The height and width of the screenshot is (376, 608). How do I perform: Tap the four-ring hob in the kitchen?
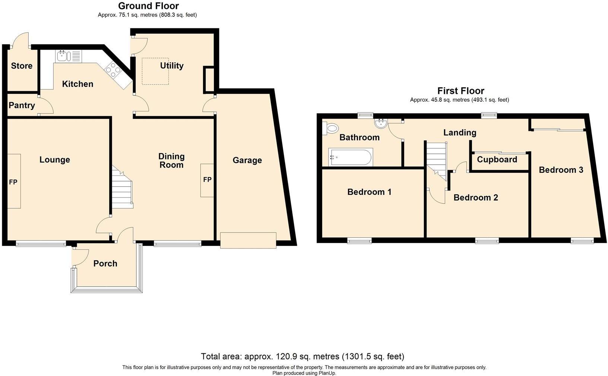(113, 70)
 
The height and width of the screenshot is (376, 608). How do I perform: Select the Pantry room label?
(22, 105)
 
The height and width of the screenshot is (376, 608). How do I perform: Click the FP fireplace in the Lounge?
(14, 181)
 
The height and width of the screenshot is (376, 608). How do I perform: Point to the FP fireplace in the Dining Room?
(207, 180)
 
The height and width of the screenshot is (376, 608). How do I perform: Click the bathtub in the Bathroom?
(350, 157)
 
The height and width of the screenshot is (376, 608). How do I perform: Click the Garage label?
(247, 160)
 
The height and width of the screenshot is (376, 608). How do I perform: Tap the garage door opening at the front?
(248, 240)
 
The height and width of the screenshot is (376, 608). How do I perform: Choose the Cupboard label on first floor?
(497, 160)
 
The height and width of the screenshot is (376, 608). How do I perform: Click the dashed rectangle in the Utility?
(155, 71)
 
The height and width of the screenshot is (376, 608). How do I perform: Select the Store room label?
(22, 66)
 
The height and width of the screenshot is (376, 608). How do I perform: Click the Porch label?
(105, 264)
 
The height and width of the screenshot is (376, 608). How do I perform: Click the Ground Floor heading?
(148, 6)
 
